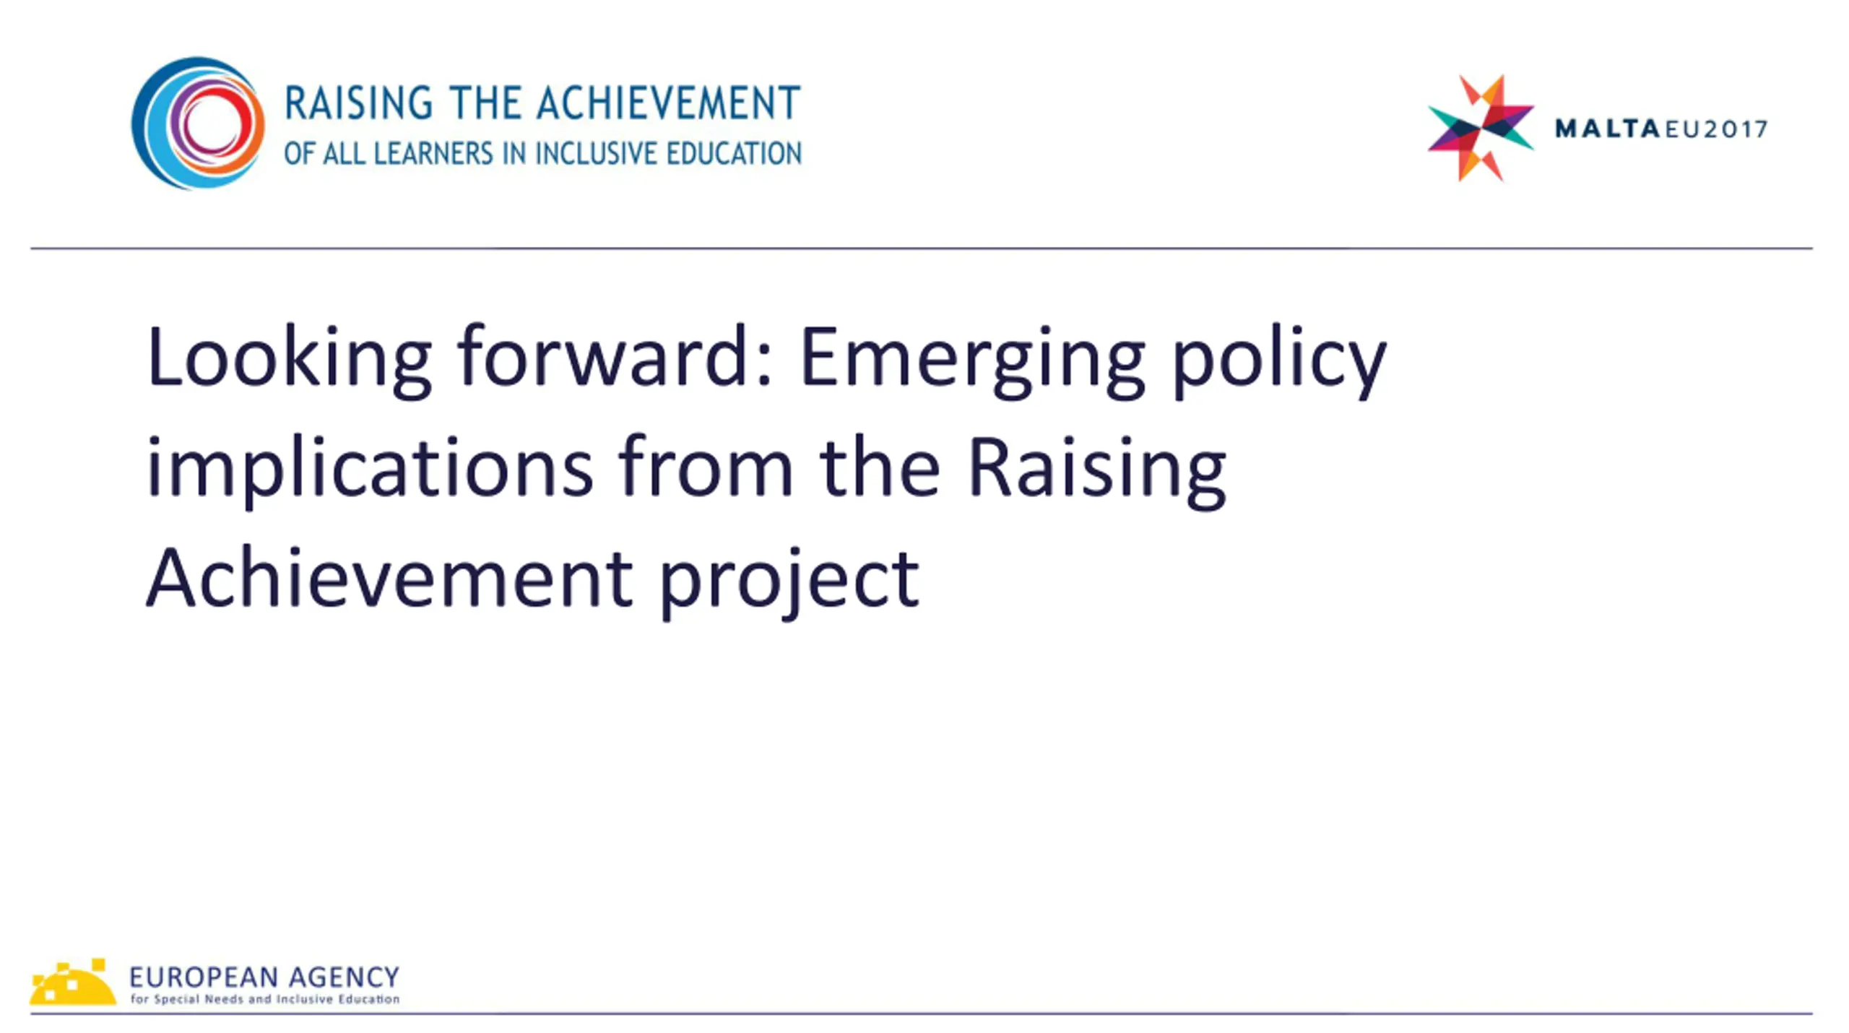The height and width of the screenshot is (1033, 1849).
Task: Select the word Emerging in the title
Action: [972, 360]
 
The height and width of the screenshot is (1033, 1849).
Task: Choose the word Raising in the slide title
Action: [1097, 470]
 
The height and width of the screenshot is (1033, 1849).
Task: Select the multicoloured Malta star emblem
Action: [1480, 128]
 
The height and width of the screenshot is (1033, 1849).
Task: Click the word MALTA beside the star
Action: [1607, 129]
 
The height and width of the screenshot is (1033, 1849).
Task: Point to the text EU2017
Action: [1716, 129]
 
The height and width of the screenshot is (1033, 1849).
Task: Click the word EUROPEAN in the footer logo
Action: [204, 977]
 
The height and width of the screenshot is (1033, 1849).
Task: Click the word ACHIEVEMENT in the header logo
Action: [668, 103]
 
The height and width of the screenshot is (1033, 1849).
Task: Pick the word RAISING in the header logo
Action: [359, 103]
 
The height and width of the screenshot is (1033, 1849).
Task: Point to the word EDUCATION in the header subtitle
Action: [734, 154]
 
